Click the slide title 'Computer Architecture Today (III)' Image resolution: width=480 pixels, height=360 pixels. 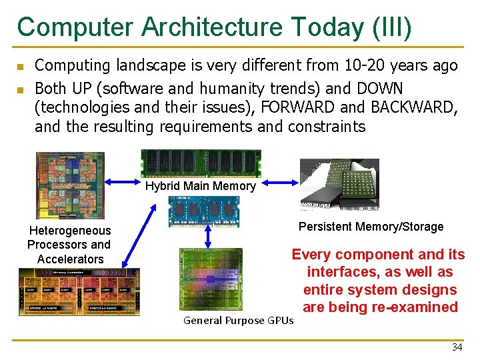pos(215,27)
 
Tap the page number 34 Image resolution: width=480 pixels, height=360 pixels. pos(457,347)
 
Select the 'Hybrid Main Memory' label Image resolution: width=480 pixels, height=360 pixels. pos(200,186)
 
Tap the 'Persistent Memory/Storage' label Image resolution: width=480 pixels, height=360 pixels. pos(371,227)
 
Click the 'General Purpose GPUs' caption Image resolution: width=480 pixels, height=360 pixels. pos(238,321)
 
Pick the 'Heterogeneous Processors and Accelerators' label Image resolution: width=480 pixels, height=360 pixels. pos(70,245)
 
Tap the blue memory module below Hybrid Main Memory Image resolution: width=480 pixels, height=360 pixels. pos(203,211)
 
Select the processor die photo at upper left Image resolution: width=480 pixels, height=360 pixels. pos(70,185)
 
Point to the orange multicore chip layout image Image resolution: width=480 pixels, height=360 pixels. pos(79,291)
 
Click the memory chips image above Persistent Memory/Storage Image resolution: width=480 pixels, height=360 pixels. pos(339,184)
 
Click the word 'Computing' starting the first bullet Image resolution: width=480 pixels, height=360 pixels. pos(72,65)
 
